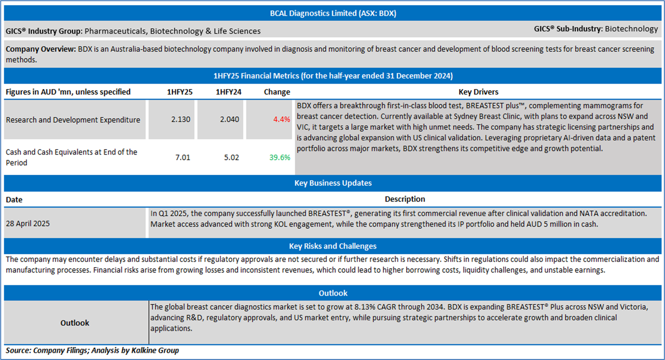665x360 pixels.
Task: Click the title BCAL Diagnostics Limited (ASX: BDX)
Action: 332,13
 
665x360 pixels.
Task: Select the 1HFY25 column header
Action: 179,92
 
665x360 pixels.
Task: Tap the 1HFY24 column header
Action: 228,92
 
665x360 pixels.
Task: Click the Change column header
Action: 277,92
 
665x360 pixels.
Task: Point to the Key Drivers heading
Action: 478,92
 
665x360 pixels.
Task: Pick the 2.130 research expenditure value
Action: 181,119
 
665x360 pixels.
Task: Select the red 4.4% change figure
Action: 282,119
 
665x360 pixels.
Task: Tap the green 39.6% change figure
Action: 280,157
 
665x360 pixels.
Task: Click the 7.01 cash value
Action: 183,157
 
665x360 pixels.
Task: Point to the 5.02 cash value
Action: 231,157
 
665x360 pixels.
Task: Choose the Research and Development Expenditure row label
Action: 73,120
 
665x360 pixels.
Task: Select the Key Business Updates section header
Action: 332,183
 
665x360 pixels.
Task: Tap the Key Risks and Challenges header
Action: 332,246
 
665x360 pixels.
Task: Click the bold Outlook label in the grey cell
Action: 75,323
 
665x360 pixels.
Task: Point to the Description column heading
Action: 405,199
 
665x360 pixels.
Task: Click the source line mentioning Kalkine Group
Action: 92,351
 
